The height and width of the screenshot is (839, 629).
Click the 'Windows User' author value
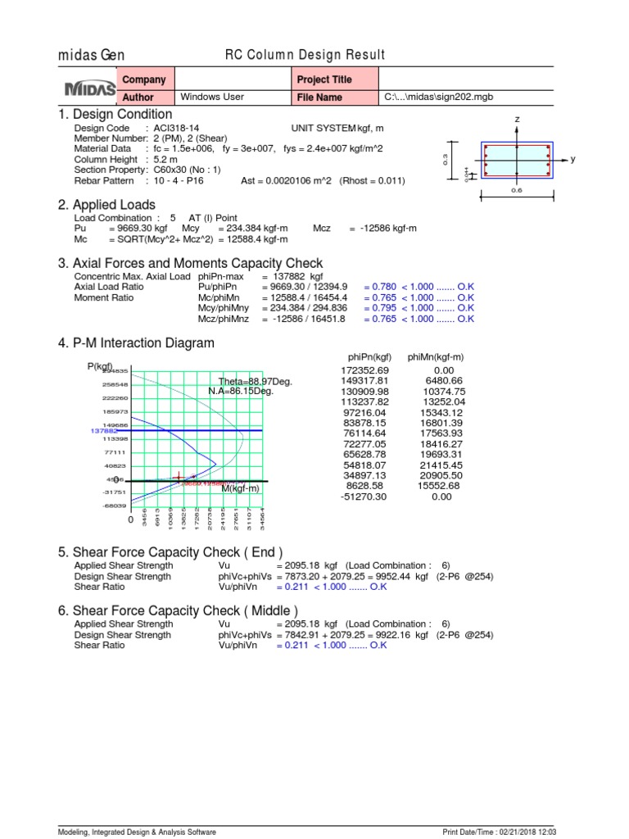(x=211, y=97)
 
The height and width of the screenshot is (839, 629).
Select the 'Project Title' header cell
(x=325, y=79)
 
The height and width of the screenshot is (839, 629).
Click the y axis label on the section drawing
(x=573, y=159)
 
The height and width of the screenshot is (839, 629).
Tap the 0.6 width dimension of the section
(x=517, y=190)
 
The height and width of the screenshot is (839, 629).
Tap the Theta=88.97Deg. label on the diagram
(x=256, y=382)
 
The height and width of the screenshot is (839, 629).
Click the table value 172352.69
(x=366, y=370)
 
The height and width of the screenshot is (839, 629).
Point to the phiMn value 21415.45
(x=442, y=465)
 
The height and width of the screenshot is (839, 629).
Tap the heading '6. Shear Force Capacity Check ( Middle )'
(x=178, y=611)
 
